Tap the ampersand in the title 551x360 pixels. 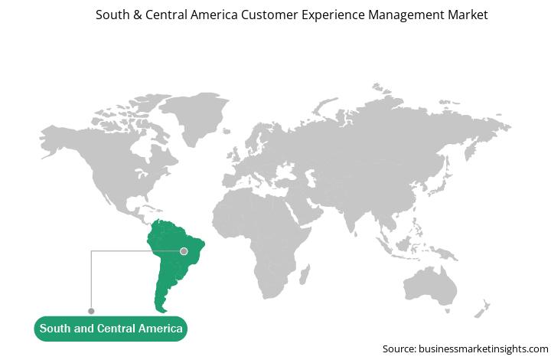(137, 15)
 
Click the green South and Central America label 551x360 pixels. (111, 329)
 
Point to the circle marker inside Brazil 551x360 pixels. (184, 251)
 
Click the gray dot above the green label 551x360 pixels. (91, 311)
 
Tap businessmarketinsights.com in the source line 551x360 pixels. (484, 349)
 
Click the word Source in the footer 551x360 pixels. (399, 349)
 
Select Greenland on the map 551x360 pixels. (195, 116)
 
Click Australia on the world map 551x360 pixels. (430, 286)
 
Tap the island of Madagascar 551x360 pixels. (305, 275)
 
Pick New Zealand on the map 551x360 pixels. (482, 309)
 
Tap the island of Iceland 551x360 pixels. (227, 131)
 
